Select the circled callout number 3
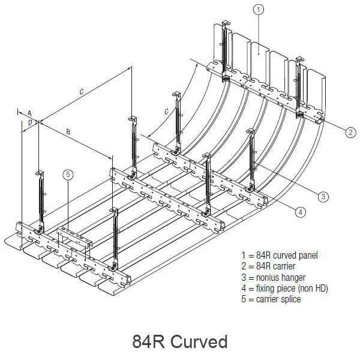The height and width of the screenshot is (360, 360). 323,196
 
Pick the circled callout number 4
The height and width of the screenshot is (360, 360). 301,211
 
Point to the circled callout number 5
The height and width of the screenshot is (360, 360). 68,175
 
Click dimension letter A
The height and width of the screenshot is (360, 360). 29,112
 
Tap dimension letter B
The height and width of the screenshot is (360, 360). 68,130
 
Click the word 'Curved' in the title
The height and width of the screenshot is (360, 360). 199,342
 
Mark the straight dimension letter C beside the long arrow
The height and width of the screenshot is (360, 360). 82,92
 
